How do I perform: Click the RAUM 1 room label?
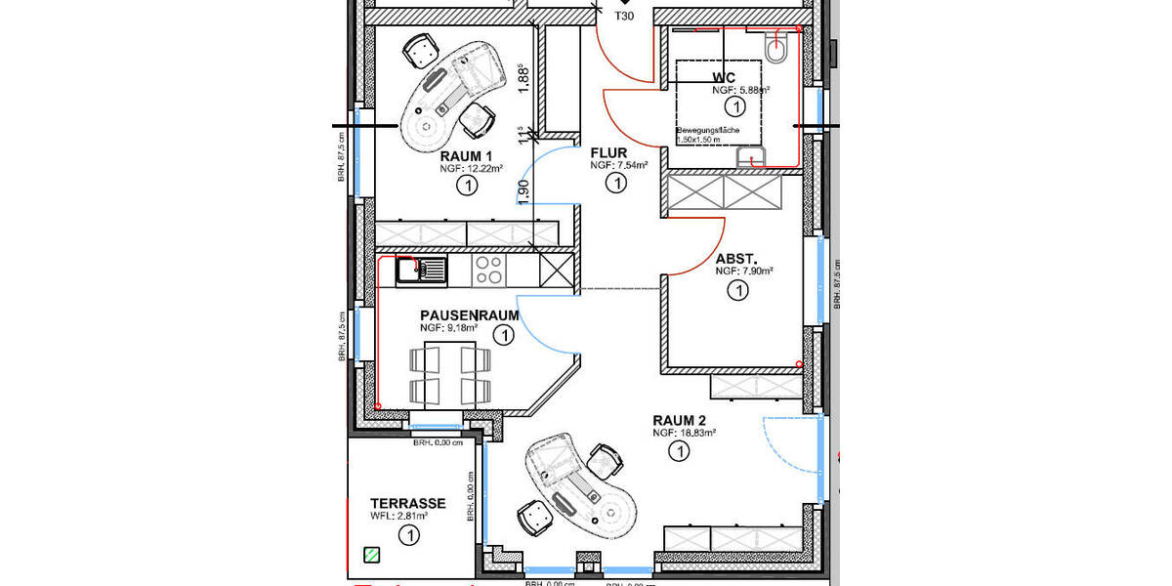click(x=466, y=156)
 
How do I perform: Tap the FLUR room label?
click(x=608, y=152)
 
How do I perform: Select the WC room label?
click(x=724, y=77)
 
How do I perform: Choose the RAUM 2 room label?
click(x=680, y=420)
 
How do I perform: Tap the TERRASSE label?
click(x=408, y=503)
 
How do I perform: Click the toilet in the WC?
click(x=777, y=50)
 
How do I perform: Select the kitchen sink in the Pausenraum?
click(x=421, y=270)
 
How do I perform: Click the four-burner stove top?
click(x=488, y=270)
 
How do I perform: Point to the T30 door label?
click(x=624, y=17)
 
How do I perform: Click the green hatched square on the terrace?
click(x=371, y=555)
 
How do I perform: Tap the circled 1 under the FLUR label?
click(x=615, y=183)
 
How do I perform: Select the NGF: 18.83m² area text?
click(x=685, y=433)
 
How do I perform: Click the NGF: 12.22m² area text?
click(x=471, y=169)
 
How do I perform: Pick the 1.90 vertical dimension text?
click(x=523, y=191)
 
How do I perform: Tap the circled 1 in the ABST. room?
click(x=738, y=290)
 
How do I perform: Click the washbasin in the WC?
click(x=753, y=156)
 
